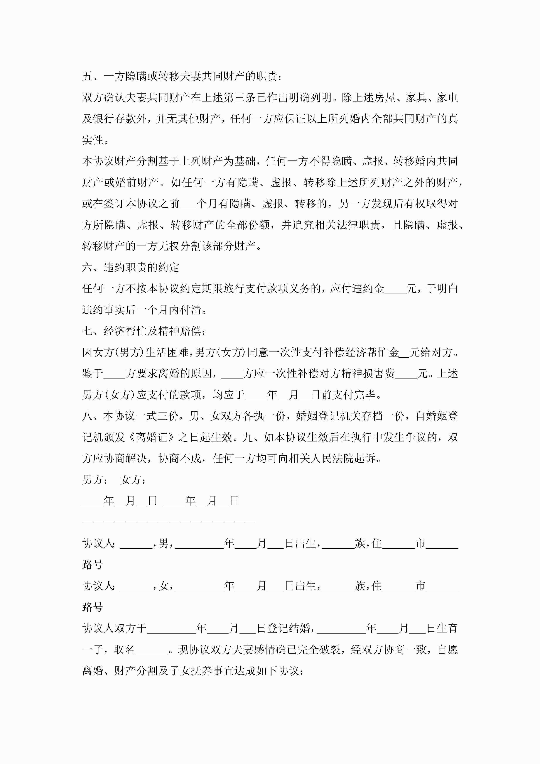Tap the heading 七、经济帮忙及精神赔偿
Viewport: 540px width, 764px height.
pyautogui.click(x=143, y=331)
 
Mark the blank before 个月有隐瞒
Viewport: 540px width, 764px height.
pyautogui.click(x=188, y=204)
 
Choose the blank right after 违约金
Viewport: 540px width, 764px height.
pyautogui.click(x=395, y=289)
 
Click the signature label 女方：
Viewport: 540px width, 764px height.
pyautogui.click(x=133, y=480)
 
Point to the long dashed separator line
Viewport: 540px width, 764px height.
pyautogui.click(x=169, y=522)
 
